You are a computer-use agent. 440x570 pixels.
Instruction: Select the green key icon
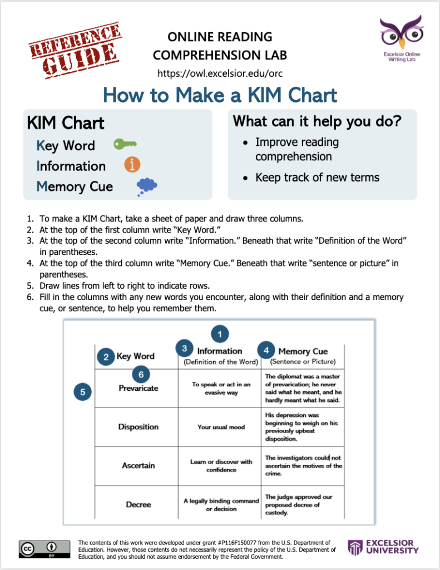pos(125,145)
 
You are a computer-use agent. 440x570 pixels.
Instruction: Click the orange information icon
pos(132,165)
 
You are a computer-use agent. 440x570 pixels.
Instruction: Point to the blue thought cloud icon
pos(146,186)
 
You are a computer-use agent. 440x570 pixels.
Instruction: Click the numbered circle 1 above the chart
pos(220,334)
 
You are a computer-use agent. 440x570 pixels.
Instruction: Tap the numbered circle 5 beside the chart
pos(82,392)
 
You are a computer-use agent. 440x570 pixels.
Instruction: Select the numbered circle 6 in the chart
pos(141,374)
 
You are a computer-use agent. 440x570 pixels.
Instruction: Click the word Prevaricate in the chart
pos(139,388)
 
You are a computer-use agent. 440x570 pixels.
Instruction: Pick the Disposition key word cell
pos(138,427)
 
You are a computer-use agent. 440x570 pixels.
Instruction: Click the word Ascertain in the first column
pos(139,465)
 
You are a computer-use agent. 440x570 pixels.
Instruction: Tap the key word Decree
pos(139,504)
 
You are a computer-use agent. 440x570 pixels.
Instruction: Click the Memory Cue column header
pos(303,351)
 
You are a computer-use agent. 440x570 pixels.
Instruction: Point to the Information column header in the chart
pos(220,351)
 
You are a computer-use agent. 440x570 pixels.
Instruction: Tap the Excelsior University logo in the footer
pos(383,547)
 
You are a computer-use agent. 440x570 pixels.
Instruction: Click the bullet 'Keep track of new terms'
pos(317,178)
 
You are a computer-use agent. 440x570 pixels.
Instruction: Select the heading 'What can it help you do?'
pos(317,121)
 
